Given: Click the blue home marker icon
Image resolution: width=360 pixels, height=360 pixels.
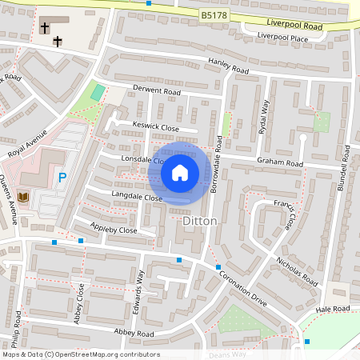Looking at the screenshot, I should [180, 172].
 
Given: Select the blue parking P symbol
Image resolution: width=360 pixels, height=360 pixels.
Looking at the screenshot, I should [62, 178].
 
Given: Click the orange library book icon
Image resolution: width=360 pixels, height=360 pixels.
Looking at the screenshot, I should [22, 196].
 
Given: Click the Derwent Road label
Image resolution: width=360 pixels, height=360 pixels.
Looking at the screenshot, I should [158, 91].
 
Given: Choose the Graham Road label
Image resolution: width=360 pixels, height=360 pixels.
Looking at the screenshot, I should [280, 162].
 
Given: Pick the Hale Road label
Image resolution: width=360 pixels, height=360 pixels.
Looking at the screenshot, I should [333, 308].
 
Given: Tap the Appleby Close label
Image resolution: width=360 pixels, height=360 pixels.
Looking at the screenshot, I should [114, 229].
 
